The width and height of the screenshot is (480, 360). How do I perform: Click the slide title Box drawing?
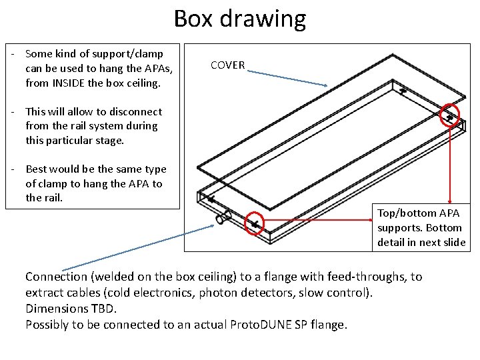click(239, 19)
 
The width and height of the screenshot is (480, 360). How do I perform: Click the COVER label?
click(227, 65)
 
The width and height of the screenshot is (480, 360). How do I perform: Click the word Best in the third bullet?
click(37, 169)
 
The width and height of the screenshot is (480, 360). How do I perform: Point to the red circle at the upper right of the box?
click(451, 115)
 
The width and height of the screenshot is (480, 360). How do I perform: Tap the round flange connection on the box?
click(223, 218)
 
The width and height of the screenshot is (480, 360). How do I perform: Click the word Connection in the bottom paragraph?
click(56, 277)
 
